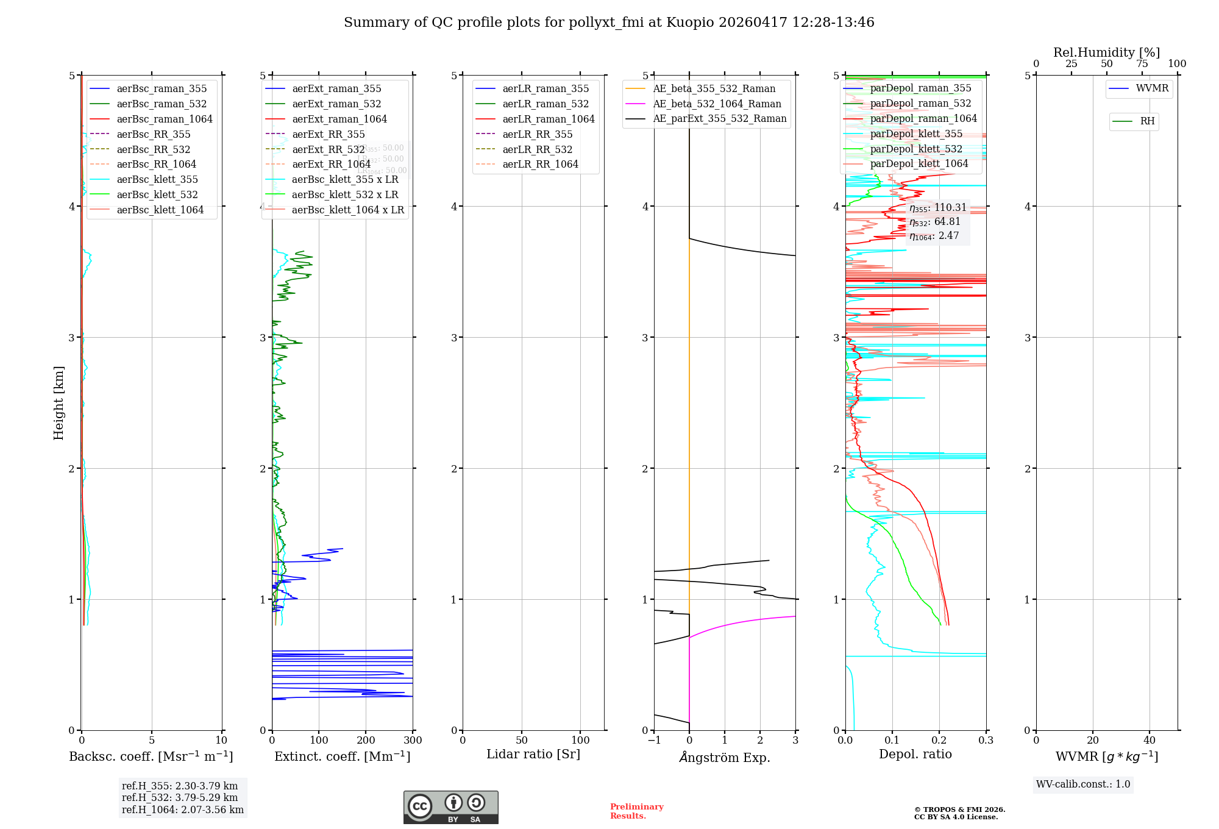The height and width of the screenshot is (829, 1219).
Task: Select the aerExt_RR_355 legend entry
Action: [x=328, y=134]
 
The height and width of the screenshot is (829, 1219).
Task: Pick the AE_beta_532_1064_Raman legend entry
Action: [x=717, y=104]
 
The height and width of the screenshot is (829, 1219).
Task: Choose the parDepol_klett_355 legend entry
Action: [x=916, y=133]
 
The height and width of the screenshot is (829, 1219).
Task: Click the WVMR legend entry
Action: [x=1152, y=88]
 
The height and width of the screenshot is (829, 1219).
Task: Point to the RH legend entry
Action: [x=1147, y=121]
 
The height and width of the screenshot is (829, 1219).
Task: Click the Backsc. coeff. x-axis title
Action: [x=151, y=756]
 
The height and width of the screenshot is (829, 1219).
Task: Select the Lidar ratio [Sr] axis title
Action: [x=533, y=754]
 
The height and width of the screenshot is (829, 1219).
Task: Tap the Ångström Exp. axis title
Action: [x=725, y=757]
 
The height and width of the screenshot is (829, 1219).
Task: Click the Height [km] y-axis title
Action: [x=59, y=402]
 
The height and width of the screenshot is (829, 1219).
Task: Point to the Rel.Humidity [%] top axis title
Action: [x=1106, y=52]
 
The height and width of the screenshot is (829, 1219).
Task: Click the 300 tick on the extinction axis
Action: [x=413, y=740]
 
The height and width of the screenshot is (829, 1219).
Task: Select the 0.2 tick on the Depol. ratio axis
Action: [x=939, y=740]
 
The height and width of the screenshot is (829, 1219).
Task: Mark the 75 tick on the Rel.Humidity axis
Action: [x=1142, y=63]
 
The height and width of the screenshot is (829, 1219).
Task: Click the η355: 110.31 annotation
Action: [x=937, y=208]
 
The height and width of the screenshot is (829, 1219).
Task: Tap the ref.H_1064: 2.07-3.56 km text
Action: [x=183, y=809]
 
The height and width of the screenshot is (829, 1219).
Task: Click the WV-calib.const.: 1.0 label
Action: [x=1083, y=785]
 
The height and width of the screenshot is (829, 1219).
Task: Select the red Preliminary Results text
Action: [x=636, y=811]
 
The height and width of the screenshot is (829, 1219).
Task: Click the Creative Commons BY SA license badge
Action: [x=450, y=807]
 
